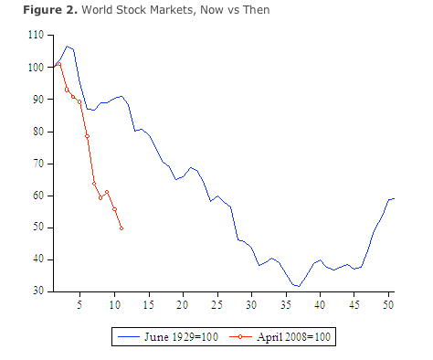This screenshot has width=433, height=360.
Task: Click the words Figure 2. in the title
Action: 34,9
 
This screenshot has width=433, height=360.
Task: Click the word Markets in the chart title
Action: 156,9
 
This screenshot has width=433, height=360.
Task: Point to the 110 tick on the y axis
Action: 37,35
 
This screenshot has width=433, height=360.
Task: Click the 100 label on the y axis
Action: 37,67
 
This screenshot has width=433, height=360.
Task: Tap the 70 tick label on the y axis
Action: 38,164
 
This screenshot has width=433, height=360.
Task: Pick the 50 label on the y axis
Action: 38,228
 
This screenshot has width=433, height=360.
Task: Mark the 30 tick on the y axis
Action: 38,291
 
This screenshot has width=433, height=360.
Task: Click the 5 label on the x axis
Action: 79,303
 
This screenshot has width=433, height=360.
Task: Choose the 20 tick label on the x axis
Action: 183,303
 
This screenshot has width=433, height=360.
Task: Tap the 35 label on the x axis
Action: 286,303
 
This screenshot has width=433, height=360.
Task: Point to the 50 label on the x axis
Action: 389,303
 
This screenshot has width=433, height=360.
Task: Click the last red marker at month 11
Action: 121,228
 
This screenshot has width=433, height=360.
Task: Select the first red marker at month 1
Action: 53,67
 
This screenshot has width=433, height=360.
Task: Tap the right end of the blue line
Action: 393,198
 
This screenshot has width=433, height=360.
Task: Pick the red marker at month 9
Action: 108,192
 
